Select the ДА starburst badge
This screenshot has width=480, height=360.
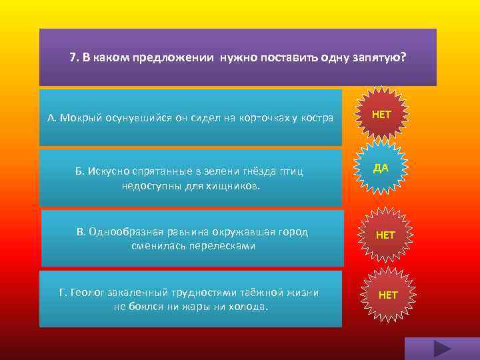point(381,169)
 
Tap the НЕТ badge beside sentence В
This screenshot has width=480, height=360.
point(385,235)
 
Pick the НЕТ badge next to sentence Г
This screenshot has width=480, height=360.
point(388,295)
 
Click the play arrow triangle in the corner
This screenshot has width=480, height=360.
point(442,349)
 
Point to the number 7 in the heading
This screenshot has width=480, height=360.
point(73,57)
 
